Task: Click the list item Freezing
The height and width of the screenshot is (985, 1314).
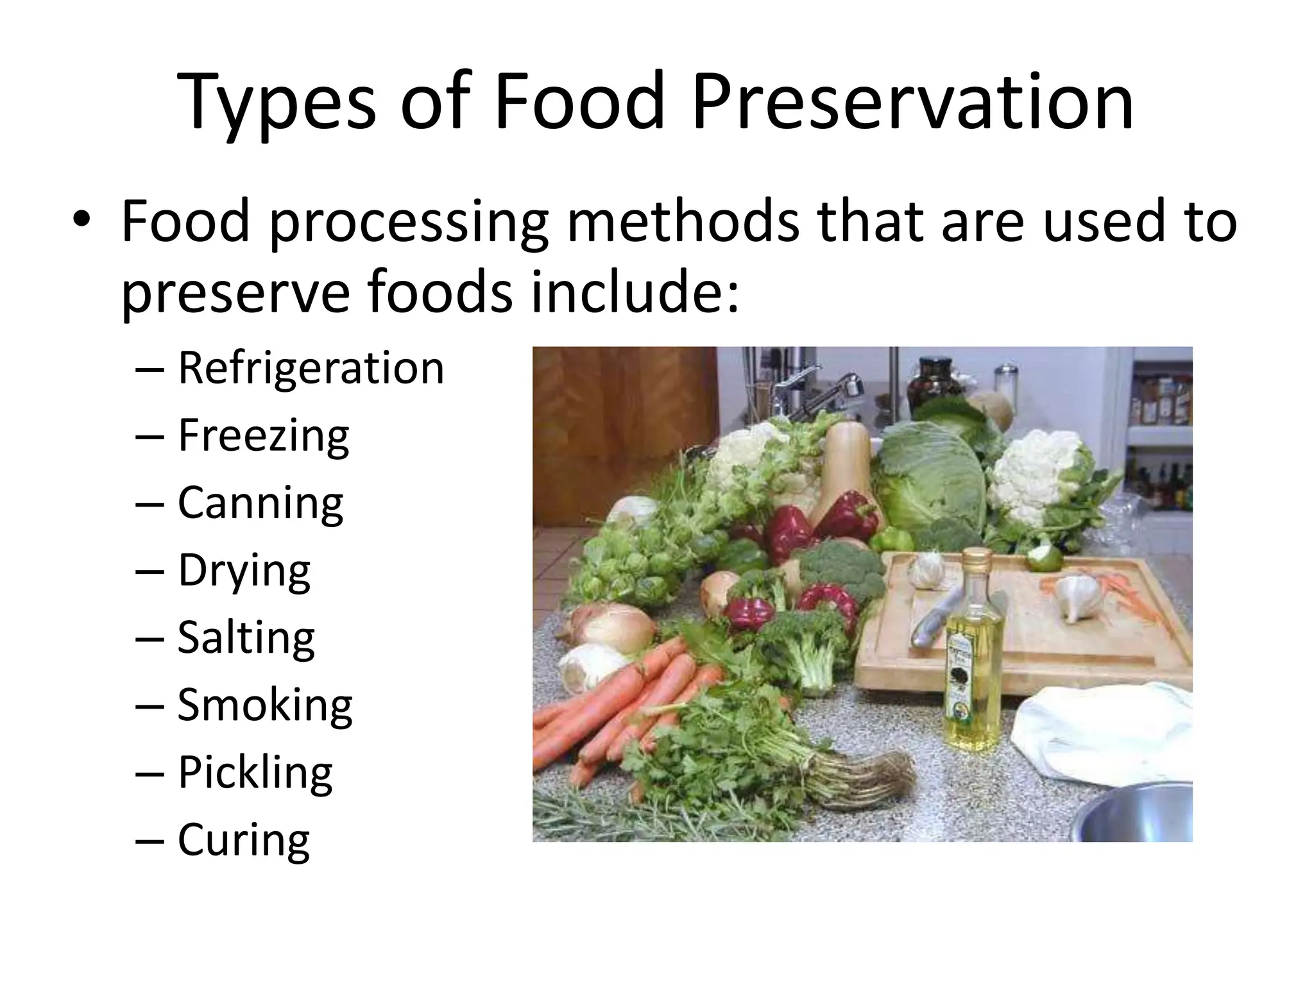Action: point(263,437)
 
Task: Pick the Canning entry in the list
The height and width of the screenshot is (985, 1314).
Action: point(260,503)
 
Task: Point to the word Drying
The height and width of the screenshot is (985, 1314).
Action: point(244,571)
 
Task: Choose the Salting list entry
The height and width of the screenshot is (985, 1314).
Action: point(246,638)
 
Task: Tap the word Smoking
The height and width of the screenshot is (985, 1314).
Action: point(264,705)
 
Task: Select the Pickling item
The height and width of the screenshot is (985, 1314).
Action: point(255,773)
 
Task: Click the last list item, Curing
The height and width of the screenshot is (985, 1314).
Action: point(244,840)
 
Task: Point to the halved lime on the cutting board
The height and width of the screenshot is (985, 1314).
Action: point(1043,557)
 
